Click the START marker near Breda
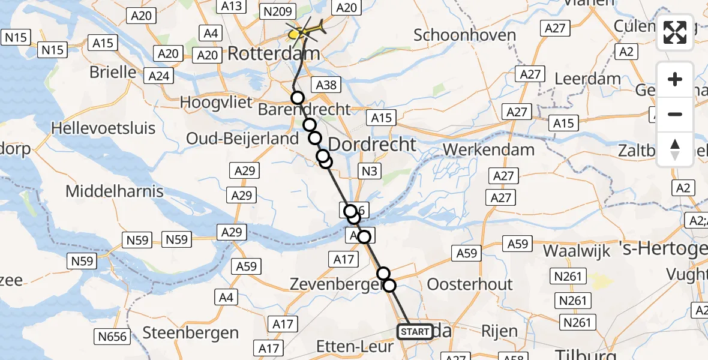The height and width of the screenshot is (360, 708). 415,332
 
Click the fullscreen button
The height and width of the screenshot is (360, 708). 675,32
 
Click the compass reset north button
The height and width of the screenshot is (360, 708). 675,149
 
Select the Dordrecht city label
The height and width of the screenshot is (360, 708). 373,145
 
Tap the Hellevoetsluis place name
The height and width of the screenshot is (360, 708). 103,128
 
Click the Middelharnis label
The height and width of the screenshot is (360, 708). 115,191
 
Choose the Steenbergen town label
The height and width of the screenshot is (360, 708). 191,332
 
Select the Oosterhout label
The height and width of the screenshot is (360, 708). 470,284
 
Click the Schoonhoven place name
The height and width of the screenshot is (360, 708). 465,35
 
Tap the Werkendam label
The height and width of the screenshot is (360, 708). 488,149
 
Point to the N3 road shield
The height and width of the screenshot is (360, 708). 369,172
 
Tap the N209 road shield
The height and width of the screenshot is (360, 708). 277,11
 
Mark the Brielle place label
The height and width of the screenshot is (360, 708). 113,72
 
